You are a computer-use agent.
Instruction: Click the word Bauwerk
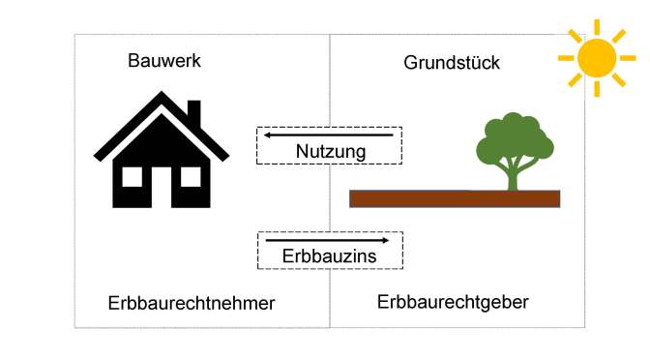click(x=164, y=61)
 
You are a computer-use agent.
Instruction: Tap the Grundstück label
click(x=451, y=64)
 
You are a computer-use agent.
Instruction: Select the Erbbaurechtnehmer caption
click(x=192, y=303)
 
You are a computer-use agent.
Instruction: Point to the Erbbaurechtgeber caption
click(x=453, y=302)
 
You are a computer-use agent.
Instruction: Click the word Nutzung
click(x=330, y=152)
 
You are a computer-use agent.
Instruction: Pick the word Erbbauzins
click(x=330, y=255)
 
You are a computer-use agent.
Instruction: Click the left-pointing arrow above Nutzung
click(x=329, y=135)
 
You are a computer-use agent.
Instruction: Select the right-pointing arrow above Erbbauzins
click(x=328, y=239)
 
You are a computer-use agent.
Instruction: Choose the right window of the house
click(x=191, y=176)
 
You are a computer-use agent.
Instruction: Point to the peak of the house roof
click(x=162, y=95)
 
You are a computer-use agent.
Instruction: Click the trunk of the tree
click(x=513, y=176)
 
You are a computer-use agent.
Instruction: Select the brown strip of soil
click(x=455, y=199)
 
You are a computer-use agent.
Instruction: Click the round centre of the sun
click(x=597, y=58)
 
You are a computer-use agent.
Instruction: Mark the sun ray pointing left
click(x=567, y=58)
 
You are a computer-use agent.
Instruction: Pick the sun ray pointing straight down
click(x=597, y=89)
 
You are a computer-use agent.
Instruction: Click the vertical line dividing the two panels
click(x=330, y=194)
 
